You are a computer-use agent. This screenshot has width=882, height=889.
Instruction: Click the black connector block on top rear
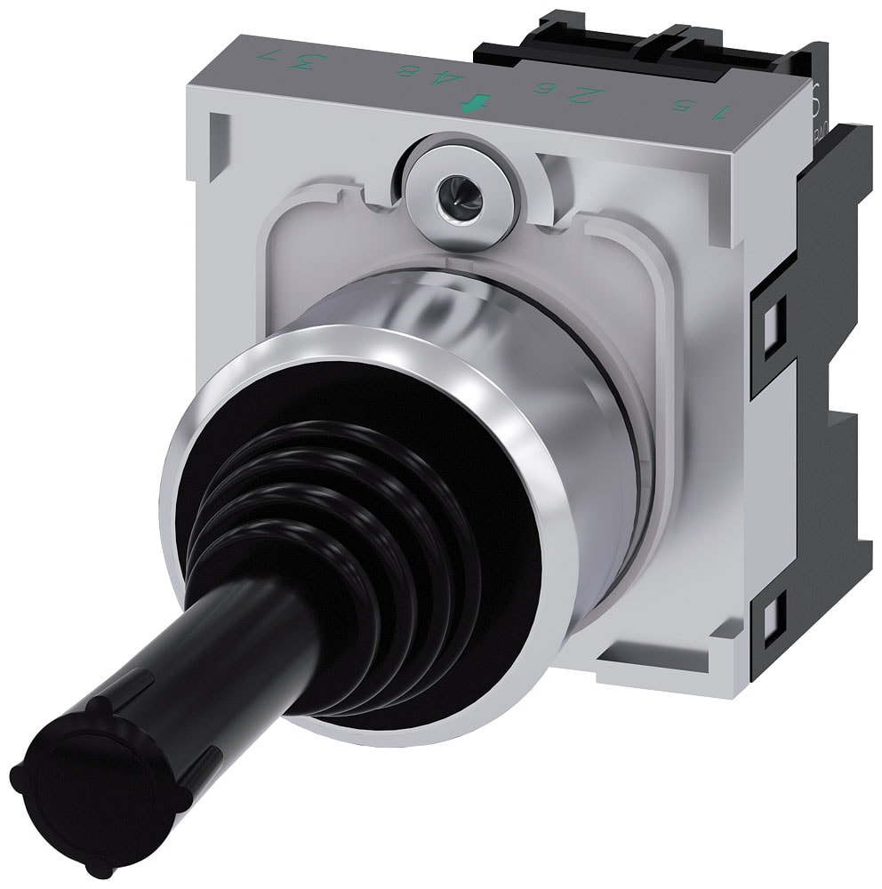[x=622, y=44]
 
